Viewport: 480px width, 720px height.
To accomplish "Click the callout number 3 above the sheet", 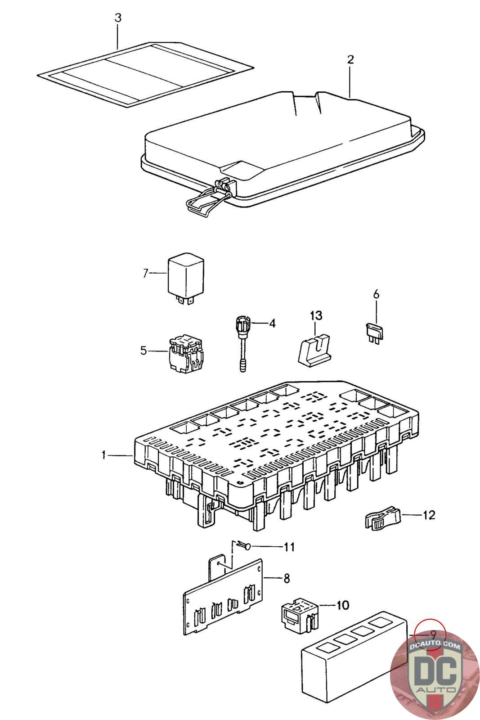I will (x=118, y=18).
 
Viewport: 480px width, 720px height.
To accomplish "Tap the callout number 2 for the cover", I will (x=350, y=59).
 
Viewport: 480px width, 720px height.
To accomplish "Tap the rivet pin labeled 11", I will (x=245, y=546).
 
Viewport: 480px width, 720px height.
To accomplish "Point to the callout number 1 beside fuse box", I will (x=104, y=455).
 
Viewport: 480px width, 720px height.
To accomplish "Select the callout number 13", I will (x=315, y=315).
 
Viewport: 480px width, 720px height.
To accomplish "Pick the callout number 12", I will (x=428, y=514).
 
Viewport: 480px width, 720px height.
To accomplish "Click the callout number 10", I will (x=342, y=605).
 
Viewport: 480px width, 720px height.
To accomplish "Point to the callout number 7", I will (x=145, y=273).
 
